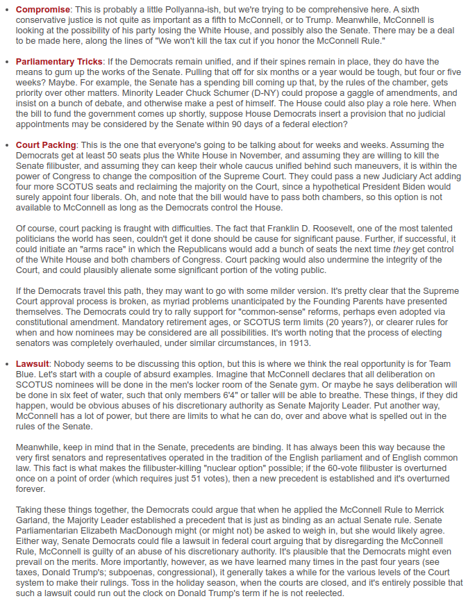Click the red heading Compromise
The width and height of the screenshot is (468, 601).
(43, 10)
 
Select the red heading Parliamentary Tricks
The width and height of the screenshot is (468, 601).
(60, 62)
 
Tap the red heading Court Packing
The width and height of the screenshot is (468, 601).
(46, 145)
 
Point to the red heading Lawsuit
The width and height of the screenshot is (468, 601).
(33, 364)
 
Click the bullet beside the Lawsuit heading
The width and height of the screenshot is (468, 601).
(8, 364)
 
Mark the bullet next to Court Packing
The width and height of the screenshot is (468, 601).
(8, 145)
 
